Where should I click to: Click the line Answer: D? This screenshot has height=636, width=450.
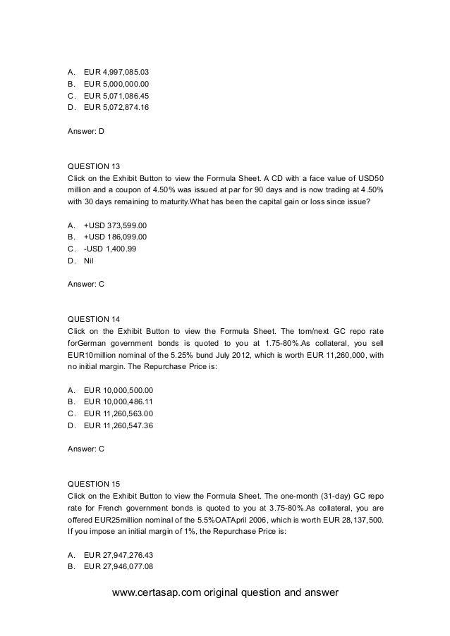click(85, 131)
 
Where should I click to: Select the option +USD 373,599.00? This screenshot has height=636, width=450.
click(116, 225)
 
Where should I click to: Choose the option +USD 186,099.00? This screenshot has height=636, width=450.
click(116, 237)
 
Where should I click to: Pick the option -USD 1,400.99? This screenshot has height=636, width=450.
click(112, 249)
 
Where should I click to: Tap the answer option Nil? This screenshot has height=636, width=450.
click(89, 261)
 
